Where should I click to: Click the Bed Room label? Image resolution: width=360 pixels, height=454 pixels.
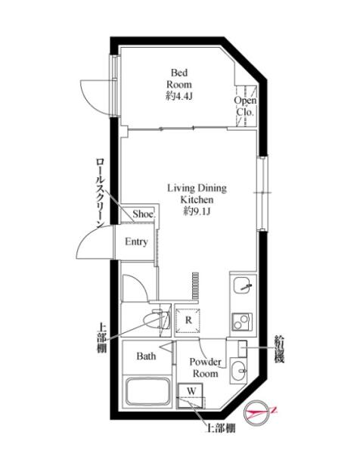point(178,79)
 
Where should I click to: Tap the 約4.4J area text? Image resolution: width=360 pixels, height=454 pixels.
point(178,96)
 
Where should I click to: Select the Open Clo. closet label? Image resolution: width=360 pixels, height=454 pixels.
point(245,106)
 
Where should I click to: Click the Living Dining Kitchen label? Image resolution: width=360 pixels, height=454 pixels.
point(197,194)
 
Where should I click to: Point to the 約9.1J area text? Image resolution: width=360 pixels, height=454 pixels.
point(197,211)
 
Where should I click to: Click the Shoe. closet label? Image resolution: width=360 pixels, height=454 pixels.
point(144,214)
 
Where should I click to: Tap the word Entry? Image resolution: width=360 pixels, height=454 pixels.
point(136,241)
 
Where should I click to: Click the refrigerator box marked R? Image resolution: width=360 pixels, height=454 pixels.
point(188,321)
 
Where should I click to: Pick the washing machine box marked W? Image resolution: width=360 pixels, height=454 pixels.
point(190,396)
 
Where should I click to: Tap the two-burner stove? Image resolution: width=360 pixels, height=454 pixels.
point(242,322)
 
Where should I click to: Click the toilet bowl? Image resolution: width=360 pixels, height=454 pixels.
point(157,319)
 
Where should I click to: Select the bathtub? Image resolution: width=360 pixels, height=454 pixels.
point(147,392)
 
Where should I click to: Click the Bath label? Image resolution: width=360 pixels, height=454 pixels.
point(146,356)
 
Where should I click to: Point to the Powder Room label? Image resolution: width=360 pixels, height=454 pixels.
point(205,368)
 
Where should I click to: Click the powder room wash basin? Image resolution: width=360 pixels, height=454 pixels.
point(238,370)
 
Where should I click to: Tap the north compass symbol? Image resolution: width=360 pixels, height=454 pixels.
point(257,413)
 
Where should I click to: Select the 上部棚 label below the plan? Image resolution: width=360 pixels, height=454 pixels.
point(221,428)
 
